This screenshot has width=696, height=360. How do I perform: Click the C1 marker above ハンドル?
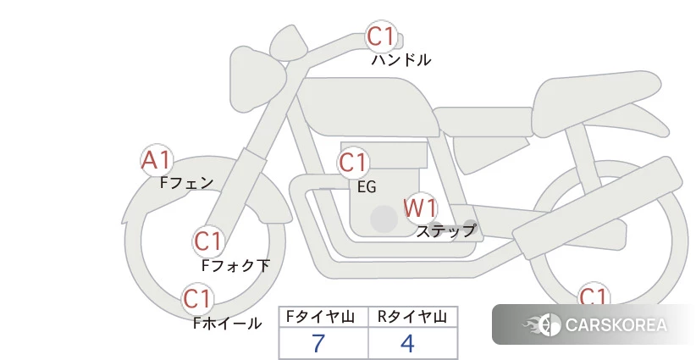381,36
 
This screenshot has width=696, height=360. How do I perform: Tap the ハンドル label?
400,59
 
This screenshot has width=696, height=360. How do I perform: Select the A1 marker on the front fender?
157,160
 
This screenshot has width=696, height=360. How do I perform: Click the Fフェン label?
186,182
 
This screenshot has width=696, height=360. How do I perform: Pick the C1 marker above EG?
353,163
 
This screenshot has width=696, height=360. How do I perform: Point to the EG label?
367,187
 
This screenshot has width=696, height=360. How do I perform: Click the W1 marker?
420,208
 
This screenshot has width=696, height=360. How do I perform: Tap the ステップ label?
446,231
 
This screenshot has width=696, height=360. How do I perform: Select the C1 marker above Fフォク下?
208,241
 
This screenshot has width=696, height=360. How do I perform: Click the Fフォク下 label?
235,265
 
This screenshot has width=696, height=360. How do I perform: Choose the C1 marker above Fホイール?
196,299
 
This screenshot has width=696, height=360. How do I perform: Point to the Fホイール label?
227,323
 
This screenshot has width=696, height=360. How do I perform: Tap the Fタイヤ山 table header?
320,317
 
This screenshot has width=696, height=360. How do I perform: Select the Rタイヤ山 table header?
412,317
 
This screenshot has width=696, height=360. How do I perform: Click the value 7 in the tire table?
318,343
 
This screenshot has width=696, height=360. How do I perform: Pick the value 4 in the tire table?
407,343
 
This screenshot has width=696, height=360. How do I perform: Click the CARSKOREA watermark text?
616,325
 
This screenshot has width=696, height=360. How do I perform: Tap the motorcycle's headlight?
257,79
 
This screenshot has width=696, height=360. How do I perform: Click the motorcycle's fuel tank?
368,107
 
